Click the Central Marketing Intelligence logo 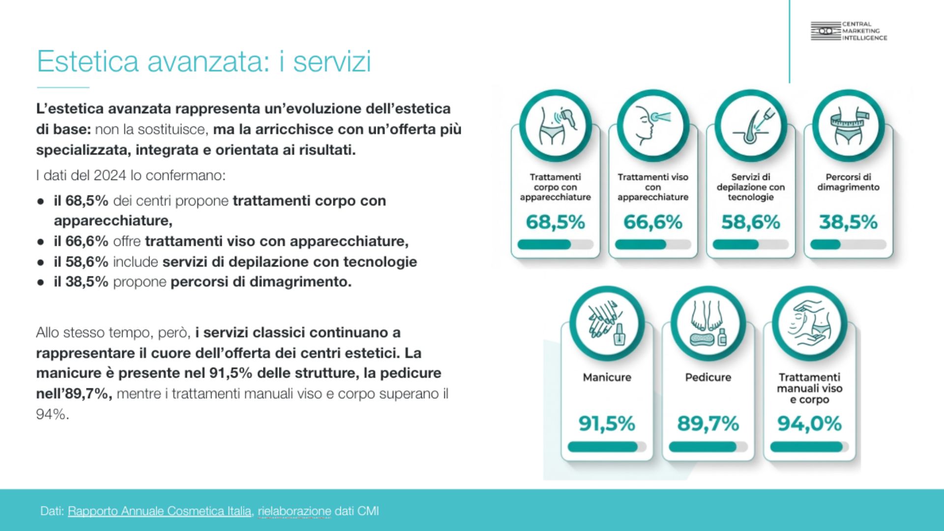[x=849, y=31]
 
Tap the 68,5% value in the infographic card [x=555, y=222]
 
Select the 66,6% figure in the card [x=653, y=222]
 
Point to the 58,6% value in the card [x=750, y=222]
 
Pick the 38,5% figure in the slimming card [x=848, y=222]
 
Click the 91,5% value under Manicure [x=607, y=423]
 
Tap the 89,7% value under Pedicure [x=708, y=423]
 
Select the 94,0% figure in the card [x=809, y=423]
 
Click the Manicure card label [x=607, y=377]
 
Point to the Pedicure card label [x=708, y=377]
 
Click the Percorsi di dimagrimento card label [x=848, y=182]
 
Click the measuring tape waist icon [x=848, y=126]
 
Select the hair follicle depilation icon [x=750, y=126]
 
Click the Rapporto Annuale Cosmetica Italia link [x=159, y=511]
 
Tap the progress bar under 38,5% [x=848, y=244]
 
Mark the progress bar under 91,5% [x=607, y=446]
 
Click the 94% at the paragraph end [x=52, y=414]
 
